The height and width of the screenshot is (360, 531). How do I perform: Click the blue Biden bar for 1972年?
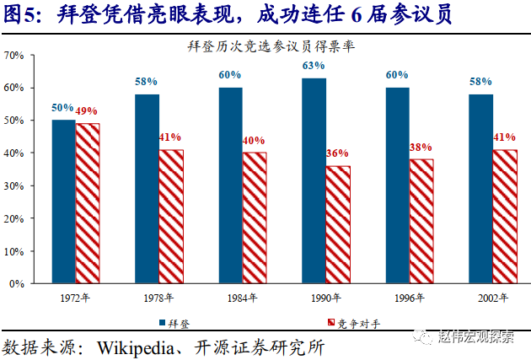click(x=63, y=201)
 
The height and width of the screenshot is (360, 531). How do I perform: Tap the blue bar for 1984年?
click(x=230, y=185)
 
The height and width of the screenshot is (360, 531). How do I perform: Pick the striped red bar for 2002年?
click(x=505, y=217)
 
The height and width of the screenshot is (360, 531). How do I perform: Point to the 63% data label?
click(x=314, y=66)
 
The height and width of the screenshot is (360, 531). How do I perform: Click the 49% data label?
click(x=88, y=111)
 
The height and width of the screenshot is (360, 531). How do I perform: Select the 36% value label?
click(x=338, y=153)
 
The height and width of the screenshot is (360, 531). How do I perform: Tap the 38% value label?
click(x=421, y=147)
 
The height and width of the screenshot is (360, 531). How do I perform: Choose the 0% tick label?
click(x=16, y=283)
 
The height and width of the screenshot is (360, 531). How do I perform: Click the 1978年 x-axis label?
click(x=159, y=298)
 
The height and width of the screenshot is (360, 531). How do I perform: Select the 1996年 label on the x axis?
click(x=410, y=298)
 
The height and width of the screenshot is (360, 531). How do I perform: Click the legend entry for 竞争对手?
click(x=343, y=322)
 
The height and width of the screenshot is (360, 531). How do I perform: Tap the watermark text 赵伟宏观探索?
click(x=476, y=337)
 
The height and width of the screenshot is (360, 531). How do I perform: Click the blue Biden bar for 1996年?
click(x=397, y=185)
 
